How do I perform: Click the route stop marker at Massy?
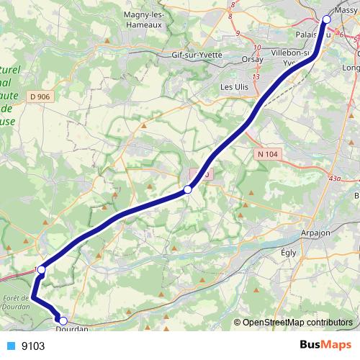coord(328,19)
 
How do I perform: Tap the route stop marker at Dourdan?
coord(63,321)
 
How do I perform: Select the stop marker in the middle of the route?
coord(187,189)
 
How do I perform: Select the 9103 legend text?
coord(33,346)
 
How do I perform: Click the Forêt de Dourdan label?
coord(14,302)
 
